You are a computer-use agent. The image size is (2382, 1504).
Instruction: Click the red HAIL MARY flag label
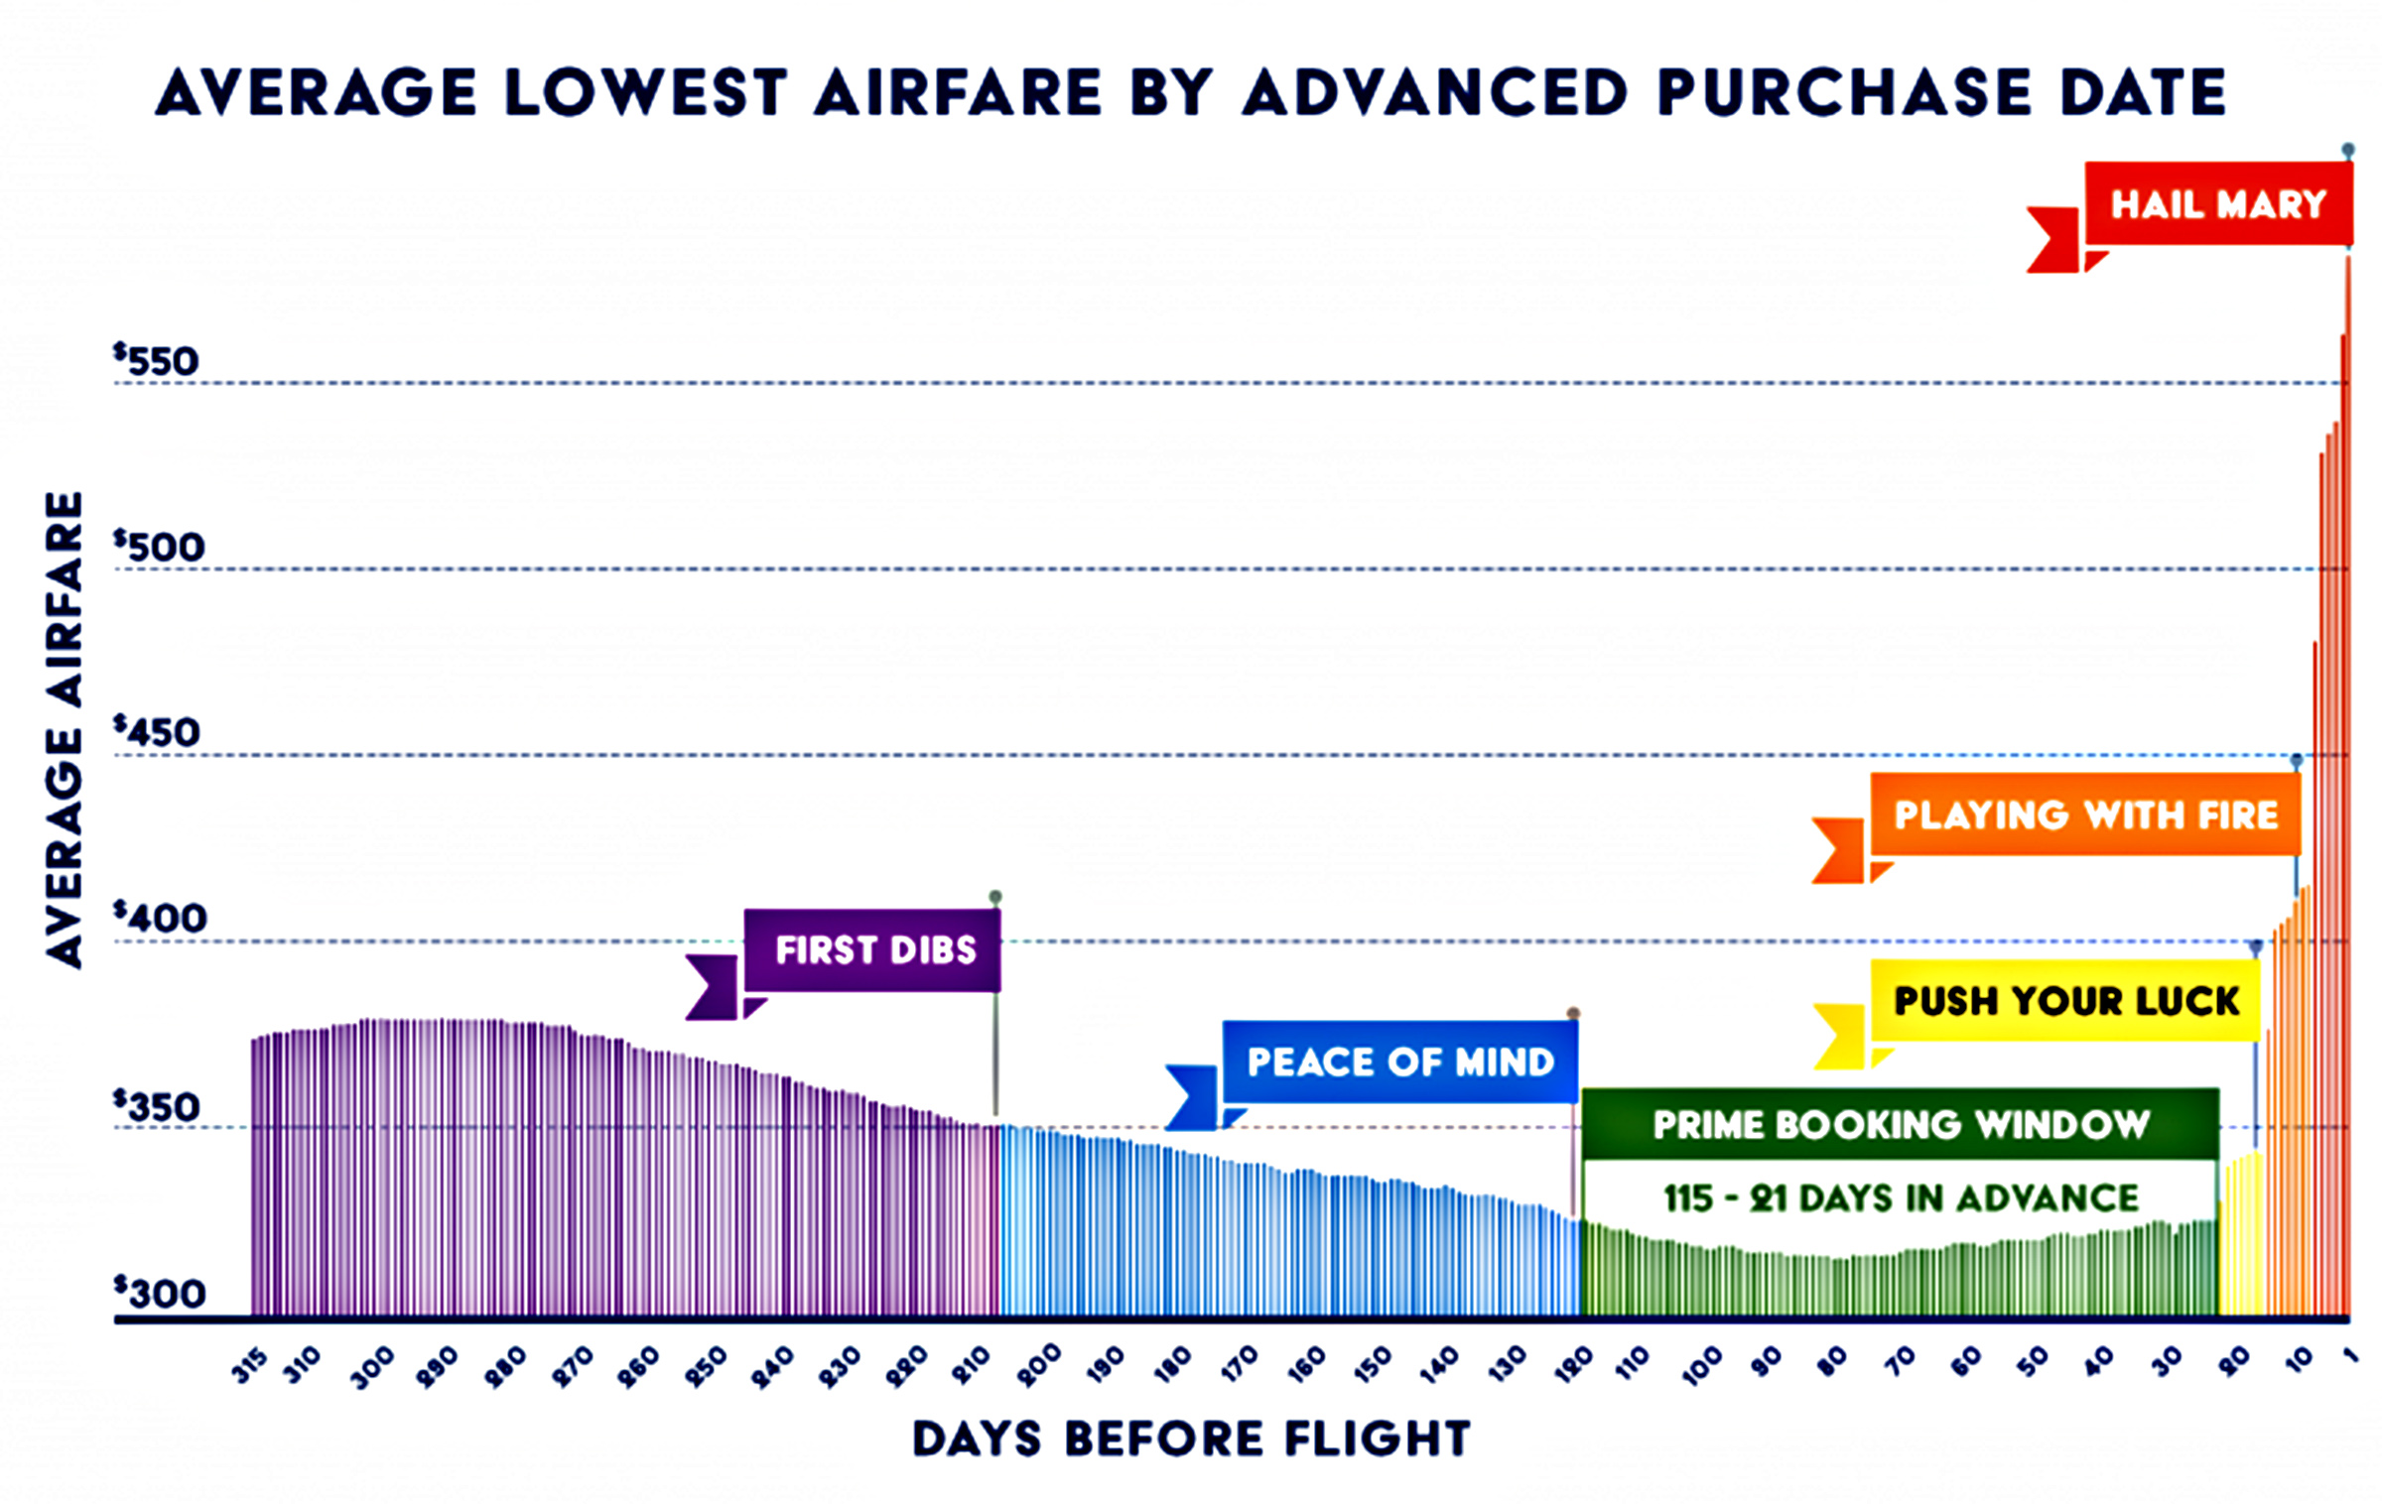click(2217, 204)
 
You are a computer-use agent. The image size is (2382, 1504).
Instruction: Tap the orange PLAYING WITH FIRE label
click(2085, 815)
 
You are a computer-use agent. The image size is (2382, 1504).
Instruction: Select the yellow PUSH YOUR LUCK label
click(2066, 1000)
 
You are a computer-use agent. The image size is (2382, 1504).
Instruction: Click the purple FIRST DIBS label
click(874, 950)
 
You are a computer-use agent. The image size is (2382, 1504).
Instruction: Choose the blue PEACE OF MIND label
click(1399, 1063)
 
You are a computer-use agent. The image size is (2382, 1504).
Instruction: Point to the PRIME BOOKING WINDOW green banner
click(1900, 1124)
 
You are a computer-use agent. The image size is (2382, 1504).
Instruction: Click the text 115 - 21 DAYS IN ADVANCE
click(1900, 1197)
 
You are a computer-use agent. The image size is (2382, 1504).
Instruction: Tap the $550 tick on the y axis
click(157, 361)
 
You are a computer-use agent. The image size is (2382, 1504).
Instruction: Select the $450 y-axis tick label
click(157, 732)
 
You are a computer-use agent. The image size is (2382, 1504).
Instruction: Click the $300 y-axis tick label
click(159, 1293)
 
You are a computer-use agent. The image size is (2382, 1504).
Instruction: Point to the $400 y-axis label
click(159, 919)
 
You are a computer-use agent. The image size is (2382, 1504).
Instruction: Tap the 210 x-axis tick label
click(974, 1366)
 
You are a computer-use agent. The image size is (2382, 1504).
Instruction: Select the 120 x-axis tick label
click(1573, 1366)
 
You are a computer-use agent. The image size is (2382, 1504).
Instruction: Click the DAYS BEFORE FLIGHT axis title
click(1191, 1439)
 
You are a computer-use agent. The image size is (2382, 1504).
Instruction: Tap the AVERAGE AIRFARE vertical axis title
click(66, 730)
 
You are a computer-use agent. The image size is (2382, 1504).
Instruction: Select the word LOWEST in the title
click(645, 93)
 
